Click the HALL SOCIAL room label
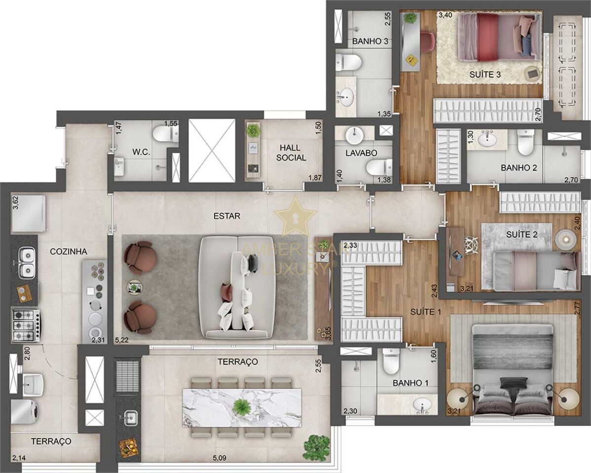[x=291, y=153]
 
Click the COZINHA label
[x=68, y=251]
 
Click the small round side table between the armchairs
[x=134, y=287]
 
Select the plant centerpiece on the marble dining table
[x=240, y=406]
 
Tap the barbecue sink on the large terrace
[x=130, y=416]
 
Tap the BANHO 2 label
[x=518, y=168]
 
